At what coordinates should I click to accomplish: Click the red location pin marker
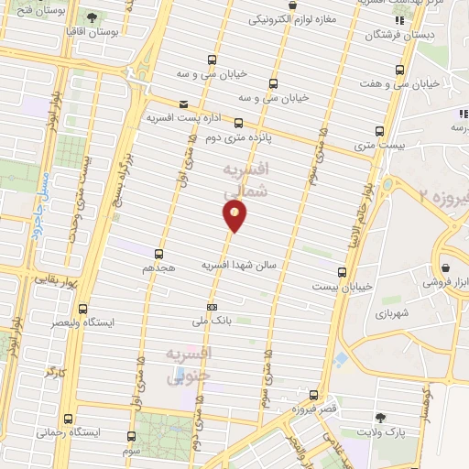click(x=234, y=214)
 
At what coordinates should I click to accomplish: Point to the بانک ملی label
click(x=210, y=322)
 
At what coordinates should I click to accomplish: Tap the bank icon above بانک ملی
click(x=213, y=307)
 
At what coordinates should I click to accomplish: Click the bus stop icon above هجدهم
click(x=159, y=254)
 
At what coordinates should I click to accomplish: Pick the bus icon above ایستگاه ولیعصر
click(x=84, y=309)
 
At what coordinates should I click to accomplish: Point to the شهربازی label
click(x=395, y=313)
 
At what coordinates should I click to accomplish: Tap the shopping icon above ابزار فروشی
click(x=445, y=268)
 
